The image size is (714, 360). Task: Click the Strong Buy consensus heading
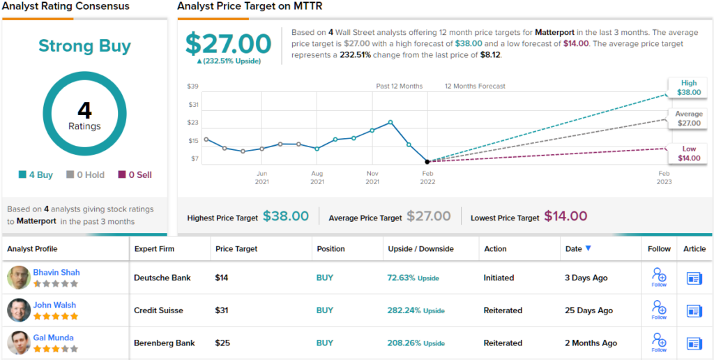(84, 46)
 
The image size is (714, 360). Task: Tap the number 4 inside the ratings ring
(84, 110)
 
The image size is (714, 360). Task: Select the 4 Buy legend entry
(36, 175)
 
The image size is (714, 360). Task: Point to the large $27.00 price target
(228, 44)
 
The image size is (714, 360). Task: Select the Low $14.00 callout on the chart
(689, 153)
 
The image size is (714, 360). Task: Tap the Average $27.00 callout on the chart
(688, 119)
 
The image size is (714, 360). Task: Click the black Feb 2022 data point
(427, 161)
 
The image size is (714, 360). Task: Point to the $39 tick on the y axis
(192, 87)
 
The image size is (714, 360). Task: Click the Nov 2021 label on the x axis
(372, 177)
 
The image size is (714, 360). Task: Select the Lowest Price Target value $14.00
(565, 216)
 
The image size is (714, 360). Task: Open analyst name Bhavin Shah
(56, 272)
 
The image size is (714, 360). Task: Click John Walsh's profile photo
(19, 310)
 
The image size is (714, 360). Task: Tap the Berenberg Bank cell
(164, 343)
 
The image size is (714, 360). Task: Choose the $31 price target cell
(222, 310)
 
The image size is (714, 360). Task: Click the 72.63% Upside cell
(413, 278)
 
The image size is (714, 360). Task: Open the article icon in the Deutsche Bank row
(694, 278)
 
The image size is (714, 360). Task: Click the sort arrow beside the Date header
(588, 248)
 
